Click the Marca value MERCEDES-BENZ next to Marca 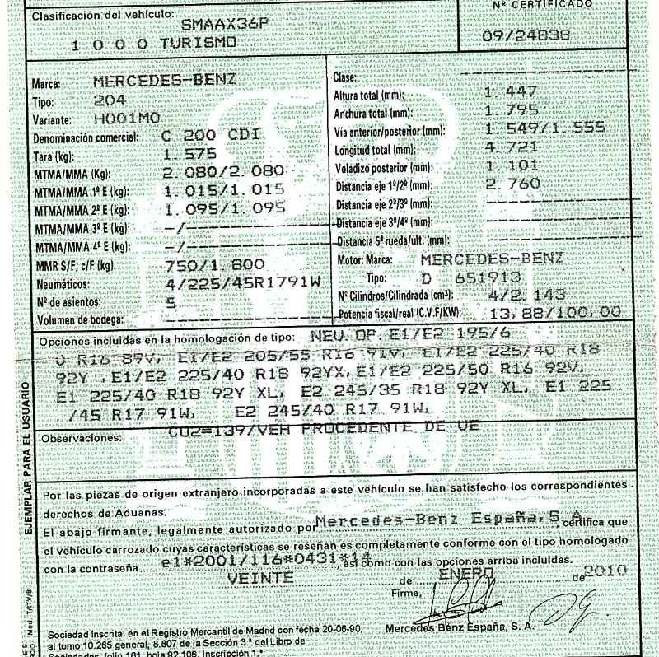click(165, 82)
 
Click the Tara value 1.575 click(190, 154)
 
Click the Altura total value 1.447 click(511, 91)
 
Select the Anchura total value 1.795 click(511, 109)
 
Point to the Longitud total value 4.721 click(512, 147)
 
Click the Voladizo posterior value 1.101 click(512, 165)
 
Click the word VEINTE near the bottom click(258, 578)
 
